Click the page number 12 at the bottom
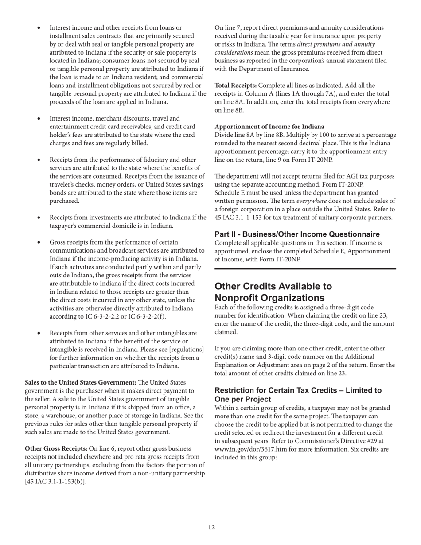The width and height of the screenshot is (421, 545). (x=211, y=527)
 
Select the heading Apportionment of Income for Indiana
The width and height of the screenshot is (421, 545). (x=269, y=127)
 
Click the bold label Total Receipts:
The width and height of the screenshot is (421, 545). (x=235, y=86)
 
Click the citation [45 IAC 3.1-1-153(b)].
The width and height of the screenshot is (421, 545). (x=55, y=482)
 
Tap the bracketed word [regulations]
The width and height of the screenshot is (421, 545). (x=186, y=350)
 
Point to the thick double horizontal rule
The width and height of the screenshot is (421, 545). (x=305, y=269)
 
